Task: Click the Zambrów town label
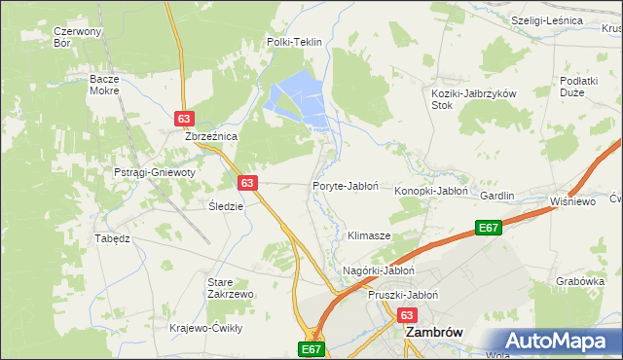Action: tap(433, 332)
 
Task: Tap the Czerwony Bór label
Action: tap(78, 37)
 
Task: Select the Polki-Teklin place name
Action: tap(294, 43)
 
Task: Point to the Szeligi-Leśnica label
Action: tap(546, 20)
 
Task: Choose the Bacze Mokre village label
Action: tap(103, 85)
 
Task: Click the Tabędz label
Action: tap(111, 238)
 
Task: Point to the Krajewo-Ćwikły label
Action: tap(205, 328)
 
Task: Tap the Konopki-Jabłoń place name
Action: tap(431, 192)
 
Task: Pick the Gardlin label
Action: tap(496, 196)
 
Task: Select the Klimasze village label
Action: tap(369, 236)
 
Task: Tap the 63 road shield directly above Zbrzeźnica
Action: tap(184, 118)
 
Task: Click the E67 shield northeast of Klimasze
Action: tap(489, 228)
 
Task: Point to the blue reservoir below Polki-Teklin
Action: tap(298, 97)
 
